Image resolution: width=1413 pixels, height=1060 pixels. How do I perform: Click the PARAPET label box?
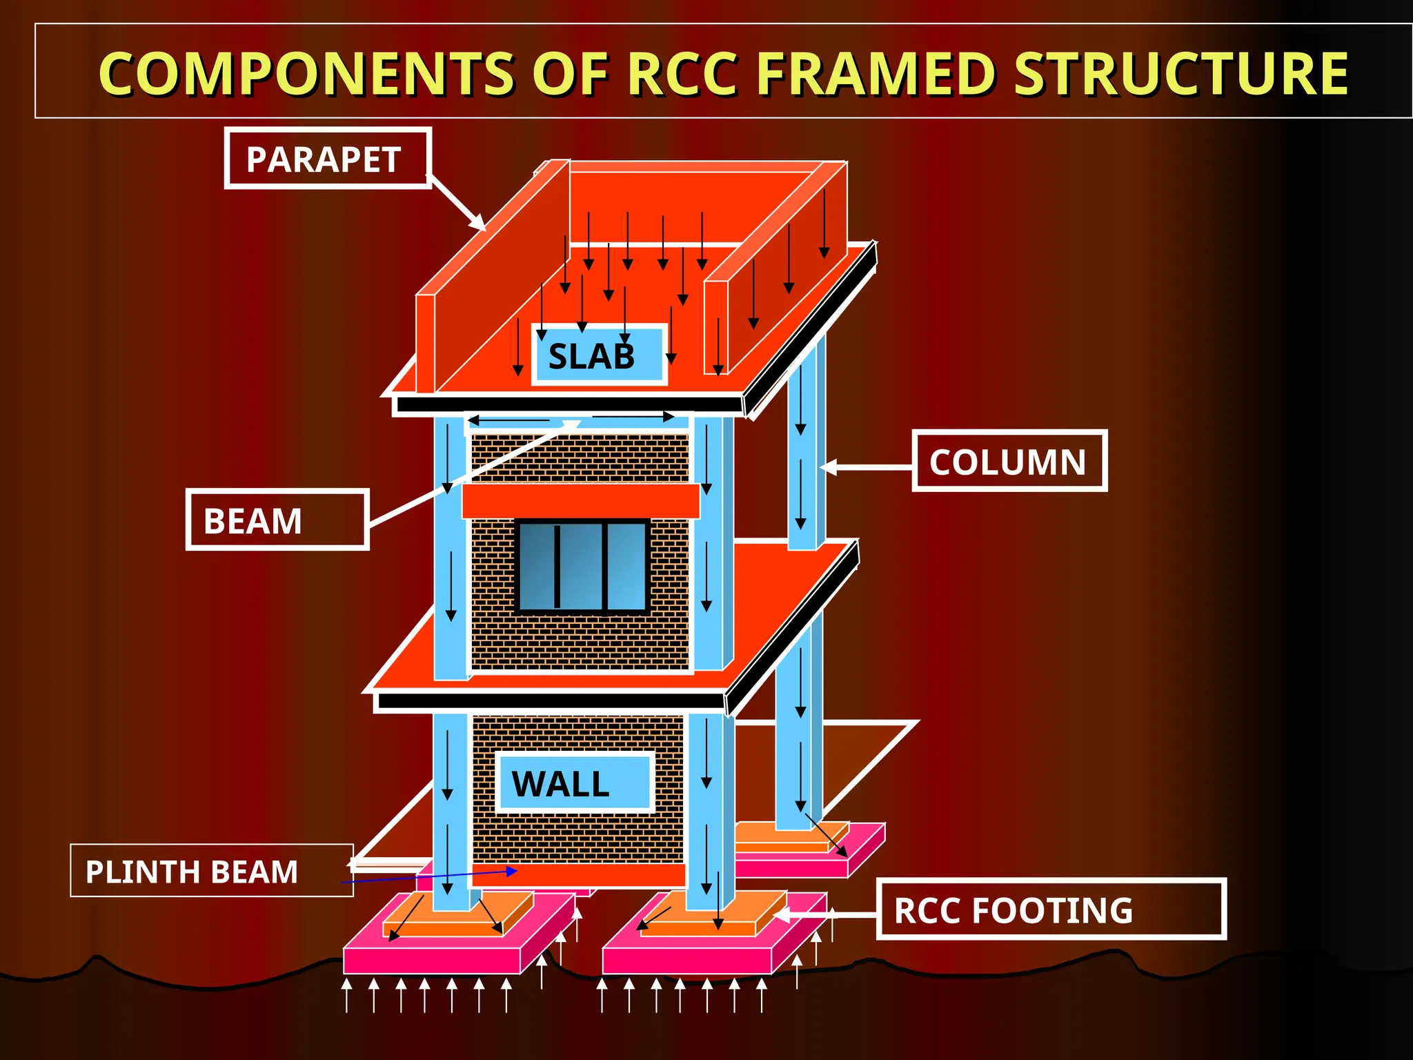[x=328, y=159]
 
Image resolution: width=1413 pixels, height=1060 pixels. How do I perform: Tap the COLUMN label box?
[x=1009, y=461]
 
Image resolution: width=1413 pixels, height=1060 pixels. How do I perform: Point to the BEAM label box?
[x=277, y=520]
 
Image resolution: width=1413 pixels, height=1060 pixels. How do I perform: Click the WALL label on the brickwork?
[x=573, y=783]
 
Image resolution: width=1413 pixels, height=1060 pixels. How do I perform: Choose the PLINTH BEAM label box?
[x=212, y=871]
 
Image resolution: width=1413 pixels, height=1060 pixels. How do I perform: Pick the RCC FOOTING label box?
[x=1050, y=910]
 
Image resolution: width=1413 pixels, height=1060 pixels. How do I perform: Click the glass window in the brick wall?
[x=583, y=567]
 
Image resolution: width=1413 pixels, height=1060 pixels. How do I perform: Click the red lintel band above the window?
[x=580, y=501]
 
